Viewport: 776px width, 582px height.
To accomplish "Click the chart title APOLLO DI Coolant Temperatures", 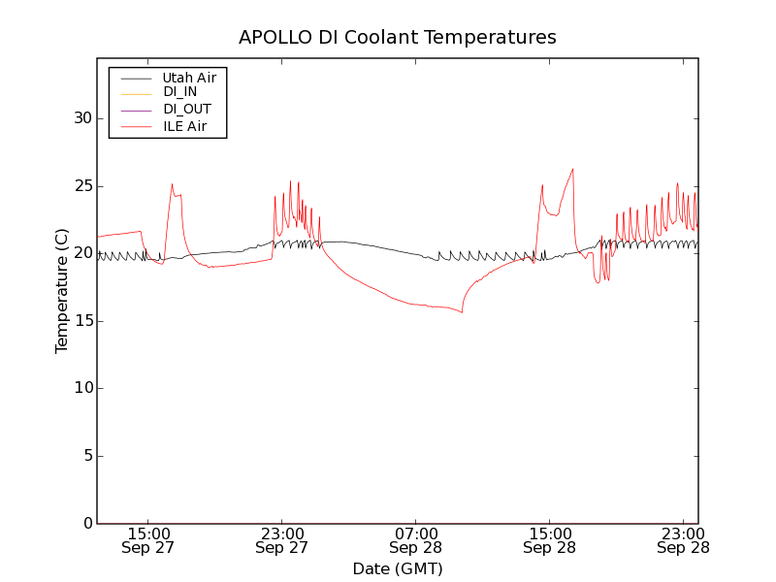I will [398, 37].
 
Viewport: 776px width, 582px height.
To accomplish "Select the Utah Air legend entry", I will [189, 77].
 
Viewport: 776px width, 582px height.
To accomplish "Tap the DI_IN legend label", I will [180, 92].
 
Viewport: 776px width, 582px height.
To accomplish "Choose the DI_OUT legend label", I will [186, 110].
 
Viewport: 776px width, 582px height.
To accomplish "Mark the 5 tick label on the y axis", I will [85, 456].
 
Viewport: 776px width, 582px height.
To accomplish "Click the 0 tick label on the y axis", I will [85, 524].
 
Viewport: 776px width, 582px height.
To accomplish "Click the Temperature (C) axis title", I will [62, 291].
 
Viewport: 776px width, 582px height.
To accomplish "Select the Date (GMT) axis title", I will [398, 568].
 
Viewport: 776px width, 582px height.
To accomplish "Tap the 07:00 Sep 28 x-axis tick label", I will [415, 540].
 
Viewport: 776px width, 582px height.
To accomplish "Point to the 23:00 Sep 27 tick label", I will [281, 540].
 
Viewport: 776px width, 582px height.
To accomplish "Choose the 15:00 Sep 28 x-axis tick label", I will [549, 540].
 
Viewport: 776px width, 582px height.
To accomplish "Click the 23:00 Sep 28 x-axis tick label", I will [683, 540].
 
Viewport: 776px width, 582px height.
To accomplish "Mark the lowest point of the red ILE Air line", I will [462, 312].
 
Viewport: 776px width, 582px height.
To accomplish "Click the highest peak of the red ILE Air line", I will [573, 169].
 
